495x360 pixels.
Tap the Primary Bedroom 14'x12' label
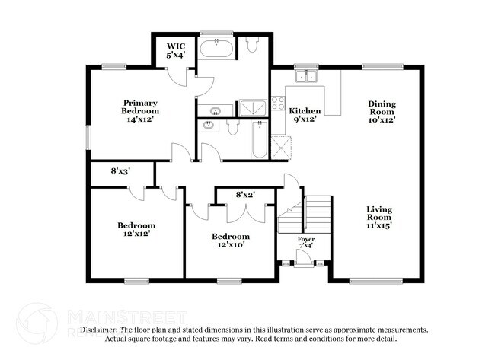click(x=141, y=111)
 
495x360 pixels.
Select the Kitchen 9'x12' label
click(x=305, y=115)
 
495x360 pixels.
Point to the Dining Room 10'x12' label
click(x=382, y=111)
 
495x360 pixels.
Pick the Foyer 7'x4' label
click(x=305, y=244)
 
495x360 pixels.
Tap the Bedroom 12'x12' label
click(x=136, y=229)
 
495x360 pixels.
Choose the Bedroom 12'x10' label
click(x=231, y=241)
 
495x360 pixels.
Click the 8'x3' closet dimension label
click(x=120, y=172)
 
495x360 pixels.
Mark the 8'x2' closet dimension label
click(x=244, y=196)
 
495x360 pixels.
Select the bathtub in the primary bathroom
click(x=218, y=50)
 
